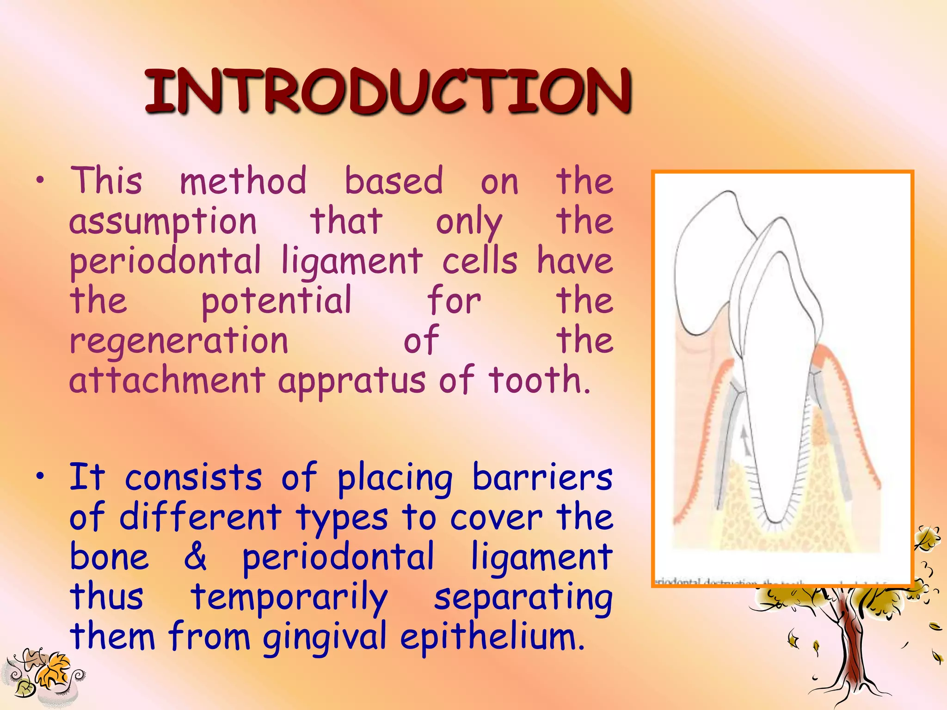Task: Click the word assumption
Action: point(163,222)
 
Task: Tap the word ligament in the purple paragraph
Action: point(352,261)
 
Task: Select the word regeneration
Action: point(179,341)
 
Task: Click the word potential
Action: point(277,301)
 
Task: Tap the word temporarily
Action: point(289,597)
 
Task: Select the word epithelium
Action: point(492,637)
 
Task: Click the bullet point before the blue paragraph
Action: point(41,475)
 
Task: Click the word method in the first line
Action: point(243,181)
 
